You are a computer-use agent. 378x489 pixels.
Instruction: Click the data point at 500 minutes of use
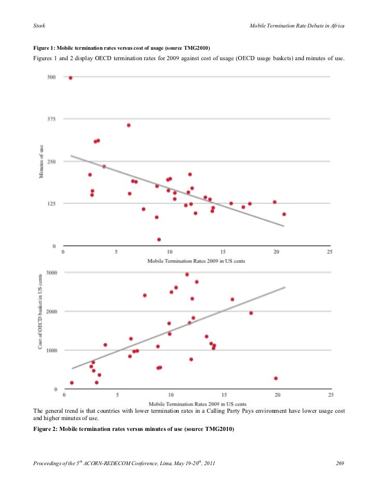(71, 78)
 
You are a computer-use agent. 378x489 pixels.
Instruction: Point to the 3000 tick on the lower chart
(50, 273)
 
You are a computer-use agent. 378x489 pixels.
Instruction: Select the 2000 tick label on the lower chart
(50, 312)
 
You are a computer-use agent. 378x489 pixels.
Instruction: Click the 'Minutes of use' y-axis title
(42, 161)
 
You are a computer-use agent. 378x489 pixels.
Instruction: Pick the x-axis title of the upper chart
(196, 261)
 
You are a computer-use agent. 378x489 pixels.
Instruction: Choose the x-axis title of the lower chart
(196, 403)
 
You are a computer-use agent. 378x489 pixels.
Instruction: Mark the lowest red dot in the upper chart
(159, 240)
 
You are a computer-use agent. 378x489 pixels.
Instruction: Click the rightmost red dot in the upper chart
(284, 214)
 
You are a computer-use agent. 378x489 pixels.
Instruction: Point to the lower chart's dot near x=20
(276, 379)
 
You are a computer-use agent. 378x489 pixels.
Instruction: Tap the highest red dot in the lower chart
(187, 274)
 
